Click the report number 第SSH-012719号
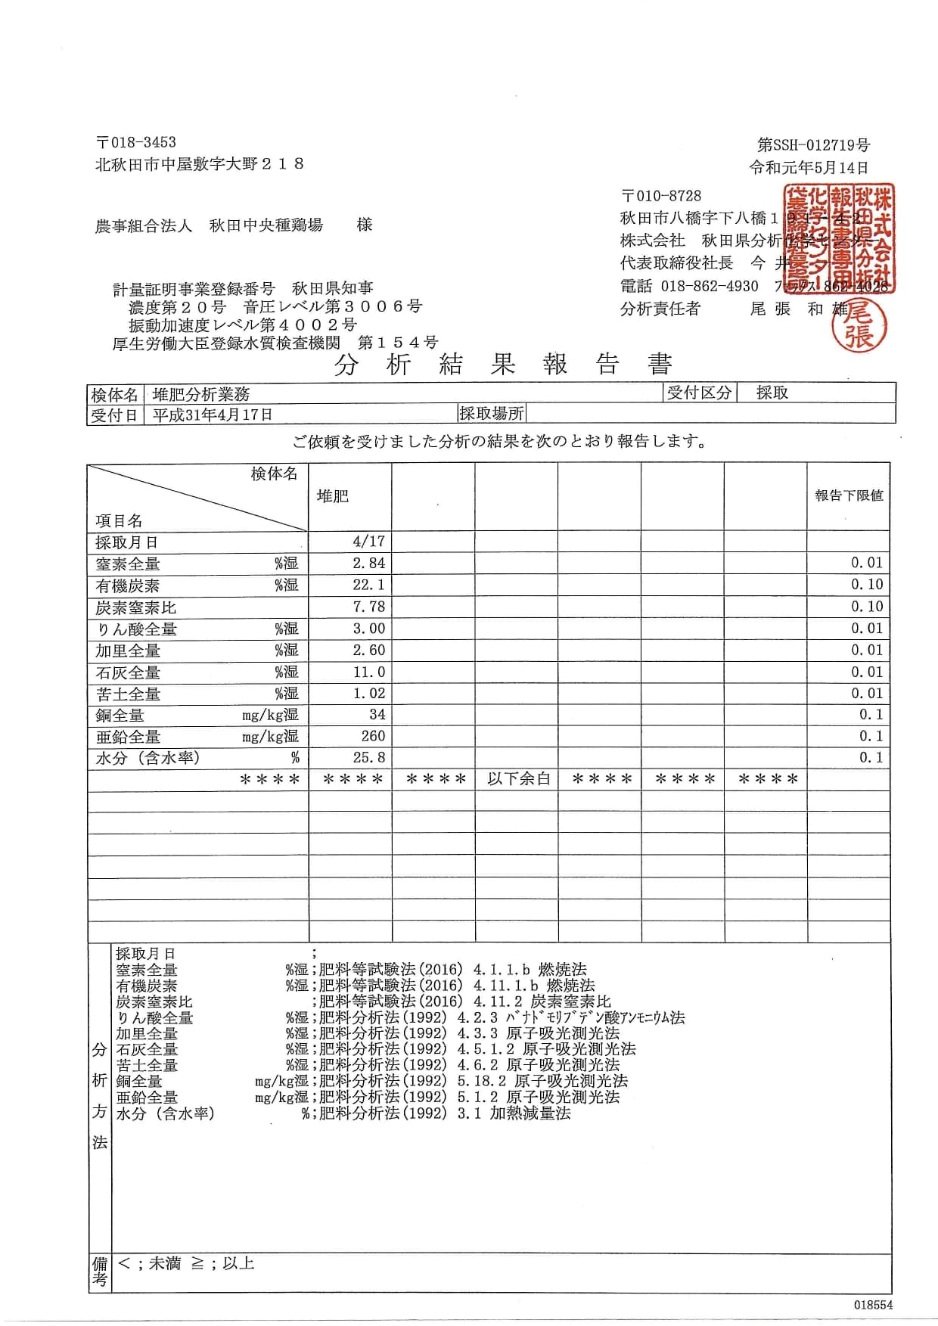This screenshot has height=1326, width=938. (813, 144)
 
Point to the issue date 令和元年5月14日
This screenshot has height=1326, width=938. (809, 167)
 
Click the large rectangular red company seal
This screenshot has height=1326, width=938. (839, 238)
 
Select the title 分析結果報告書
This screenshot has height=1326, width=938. (503, 365)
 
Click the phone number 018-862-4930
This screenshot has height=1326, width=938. (710, 286)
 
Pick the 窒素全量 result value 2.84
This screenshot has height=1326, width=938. (368, 564)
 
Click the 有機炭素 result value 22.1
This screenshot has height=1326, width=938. (368, 585)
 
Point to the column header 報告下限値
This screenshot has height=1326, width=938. (849, 495)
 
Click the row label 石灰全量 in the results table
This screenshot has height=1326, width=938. (128, 672)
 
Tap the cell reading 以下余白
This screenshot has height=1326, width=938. (518, 779)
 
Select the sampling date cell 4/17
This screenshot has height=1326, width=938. (368, 542)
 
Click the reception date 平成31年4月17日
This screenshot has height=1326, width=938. (213, 415)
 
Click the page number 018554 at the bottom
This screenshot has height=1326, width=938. (874, 1305)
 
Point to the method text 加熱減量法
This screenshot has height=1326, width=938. (530, 1113)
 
